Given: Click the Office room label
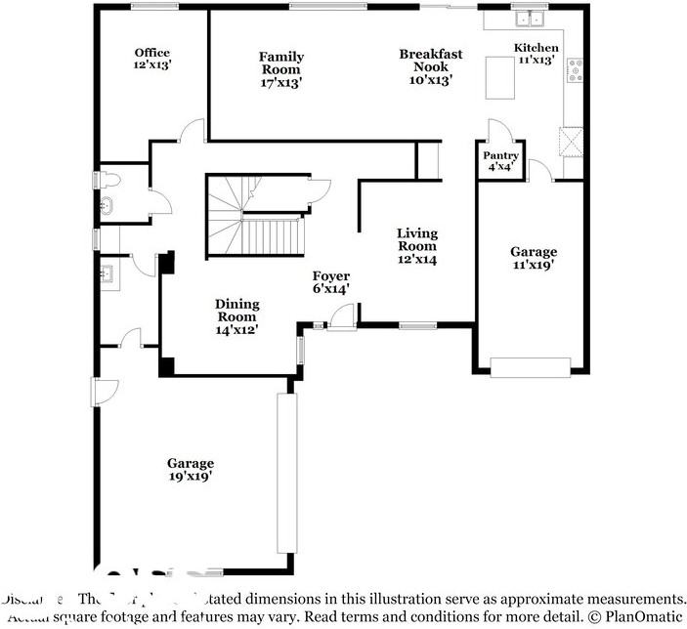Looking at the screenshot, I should (151, 53).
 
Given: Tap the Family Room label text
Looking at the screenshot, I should (280, 57).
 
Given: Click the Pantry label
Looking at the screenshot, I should (500, 155).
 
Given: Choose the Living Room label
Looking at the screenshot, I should (416, 233).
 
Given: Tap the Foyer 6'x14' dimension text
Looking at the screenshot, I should (330, 289).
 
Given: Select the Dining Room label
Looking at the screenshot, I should (236, 304).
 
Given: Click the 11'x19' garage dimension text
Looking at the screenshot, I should (534, 265).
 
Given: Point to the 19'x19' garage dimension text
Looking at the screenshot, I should (190, 477).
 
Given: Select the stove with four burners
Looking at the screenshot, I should (577, 70).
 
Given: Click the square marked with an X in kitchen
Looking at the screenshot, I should (571, 142).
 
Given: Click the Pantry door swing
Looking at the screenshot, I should (498, 131).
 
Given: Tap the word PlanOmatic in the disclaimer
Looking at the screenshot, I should (646, 617).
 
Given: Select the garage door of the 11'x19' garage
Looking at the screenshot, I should (530, 367).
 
